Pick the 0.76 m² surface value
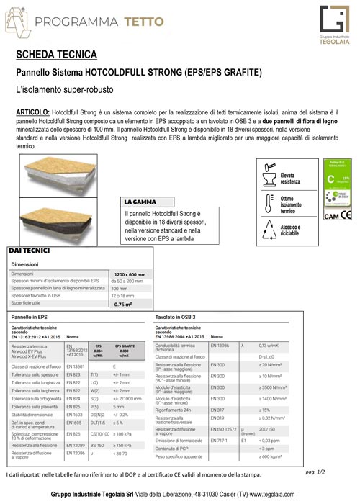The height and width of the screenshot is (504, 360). pyautogui.click(x=123, y=305)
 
